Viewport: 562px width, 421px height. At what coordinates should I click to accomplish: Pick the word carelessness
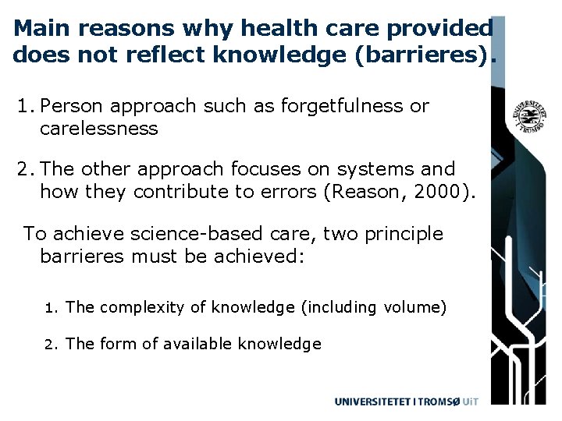[x=99, y=128]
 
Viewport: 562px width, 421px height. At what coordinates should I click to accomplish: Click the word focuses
[x=278, y=169]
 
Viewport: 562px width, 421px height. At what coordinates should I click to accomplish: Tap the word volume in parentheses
[x=414, y=308]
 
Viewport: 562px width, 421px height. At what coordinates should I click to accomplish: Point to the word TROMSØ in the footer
[x=439, y=402]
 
